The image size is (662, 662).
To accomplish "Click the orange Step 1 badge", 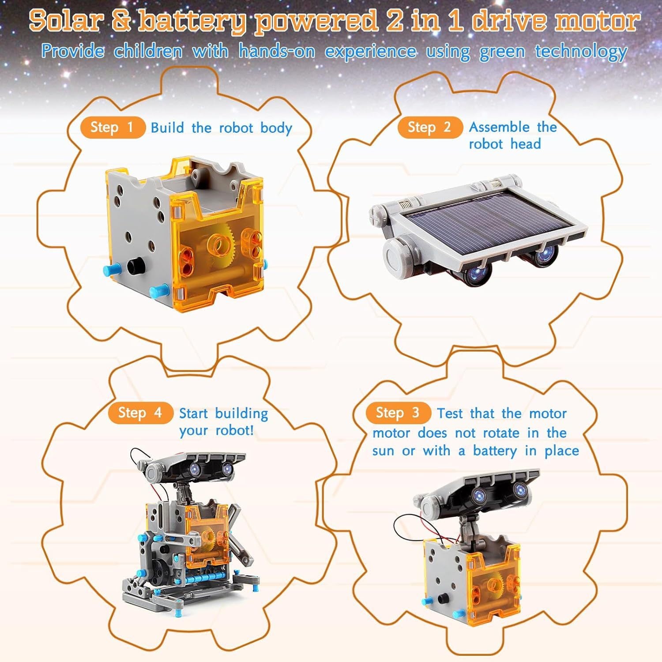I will pos(112,128).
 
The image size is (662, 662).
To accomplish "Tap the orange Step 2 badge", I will pos(429,127).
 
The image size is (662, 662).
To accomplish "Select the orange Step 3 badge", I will pos(398,413).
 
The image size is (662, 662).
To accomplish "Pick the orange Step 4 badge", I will pos(140,413).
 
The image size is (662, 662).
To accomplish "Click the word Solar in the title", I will pos(66,21).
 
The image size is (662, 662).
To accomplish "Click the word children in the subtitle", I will pos(148,51).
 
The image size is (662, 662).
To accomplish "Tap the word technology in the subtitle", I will pos(581,52).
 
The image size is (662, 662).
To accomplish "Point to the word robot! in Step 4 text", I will pos(235,430).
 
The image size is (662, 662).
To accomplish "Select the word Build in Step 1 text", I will pos(167,128).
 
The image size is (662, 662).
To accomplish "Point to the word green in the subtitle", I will pos(502,52).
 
